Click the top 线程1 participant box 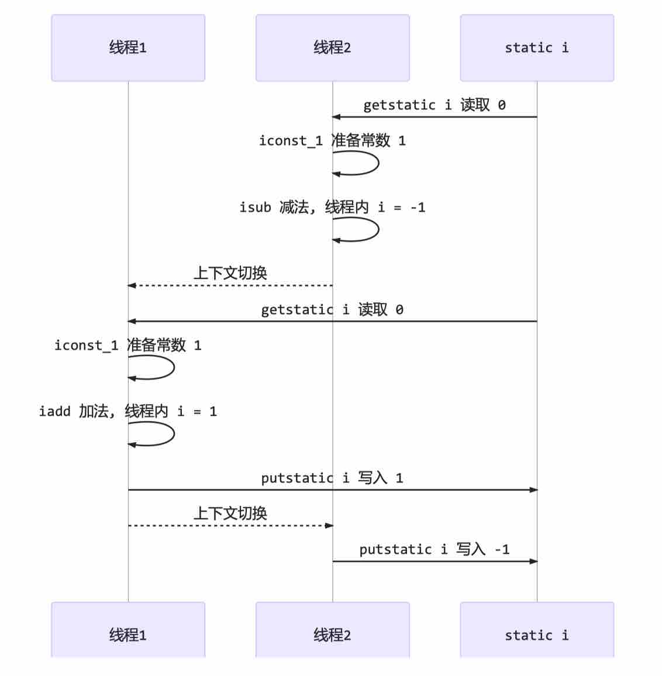(128, 48)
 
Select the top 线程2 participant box (333, 48)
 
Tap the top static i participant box (537, 48)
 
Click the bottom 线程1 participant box (128, 630)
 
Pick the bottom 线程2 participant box (333, 630)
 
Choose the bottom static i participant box (537, 630)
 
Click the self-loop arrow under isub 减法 (378, 229)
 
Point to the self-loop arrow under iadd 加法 (174, 434)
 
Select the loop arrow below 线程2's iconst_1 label (378, 163)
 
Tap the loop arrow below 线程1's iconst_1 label (174, 367)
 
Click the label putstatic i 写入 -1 (435, 549)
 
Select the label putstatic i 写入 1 (332, 478)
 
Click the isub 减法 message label (332, 208)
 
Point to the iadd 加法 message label (127, 411)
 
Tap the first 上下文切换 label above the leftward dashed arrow (230, 273)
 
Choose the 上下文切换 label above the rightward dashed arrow (230, 513)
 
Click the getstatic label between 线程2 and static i (435, 105)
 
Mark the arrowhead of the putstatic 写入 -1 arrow (533, 561)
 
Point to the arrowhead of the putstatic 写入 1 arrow (533, 490)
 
